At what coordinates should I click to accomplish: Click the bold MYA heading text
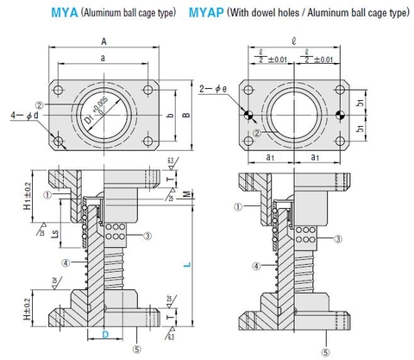coord(65,12)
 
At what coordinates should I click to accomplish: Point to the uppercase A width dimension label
coord(103,41)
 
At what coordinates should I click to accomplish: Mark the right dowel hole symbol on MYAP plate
coord(344,116)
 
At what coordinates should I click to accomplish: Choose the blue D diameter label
coord(104,333)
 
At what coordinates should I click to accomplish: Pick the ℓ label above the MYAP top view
coord(296,40)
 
